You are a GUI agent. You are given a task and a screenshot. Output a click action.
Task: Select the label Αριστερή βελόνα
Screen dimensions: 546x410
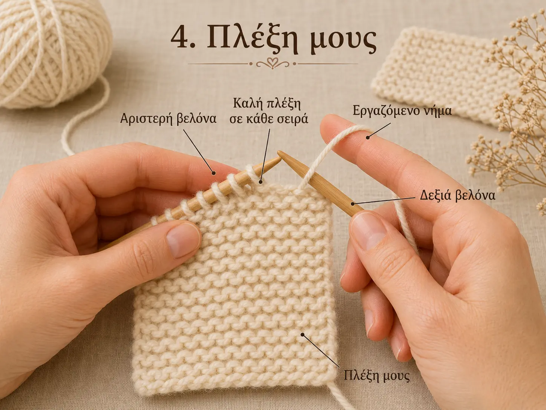[x=169, y=119]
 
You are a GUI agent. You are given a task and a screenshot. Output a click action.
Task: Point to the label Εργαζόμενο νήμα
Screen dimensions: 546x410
[x=402, y=111]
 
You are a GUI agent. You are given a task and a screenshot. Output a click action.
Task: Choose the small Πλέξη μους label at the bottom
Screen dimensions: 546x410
[x=376, y=382]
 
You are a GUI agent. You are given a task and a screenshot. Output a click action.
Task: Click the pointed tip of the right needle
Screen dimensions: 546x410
[x=279, y=153]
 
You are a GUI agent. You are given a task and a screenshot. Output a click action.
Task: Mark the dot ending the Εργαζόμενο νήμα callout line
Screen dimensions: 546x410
[x=368, y=137]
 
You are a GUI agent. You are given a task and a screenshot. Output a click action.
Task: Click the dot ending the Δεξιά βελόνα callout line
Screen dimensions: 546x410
[x=353, y=204]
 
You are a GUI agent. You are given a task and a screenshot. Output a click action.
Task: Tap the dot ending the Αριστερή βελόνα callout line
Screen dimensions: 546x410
[x=213, y=173]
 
